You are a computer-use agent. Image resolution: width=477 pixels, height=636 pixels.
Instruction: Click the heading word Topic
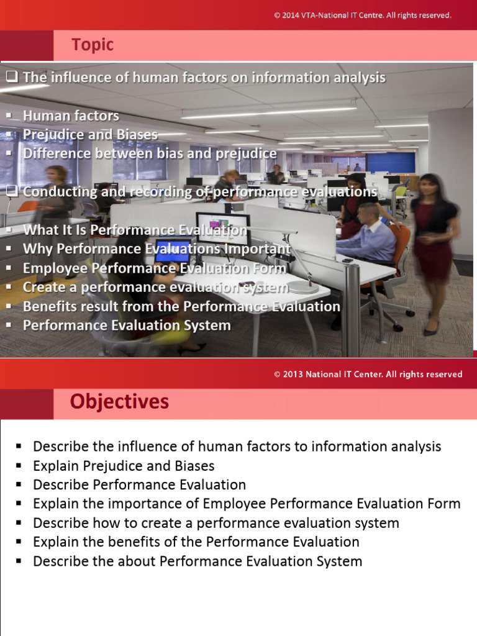tap(93, 45)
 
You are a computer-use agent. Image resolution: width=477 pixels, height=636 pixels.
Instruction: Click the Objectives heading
tap(119, 402)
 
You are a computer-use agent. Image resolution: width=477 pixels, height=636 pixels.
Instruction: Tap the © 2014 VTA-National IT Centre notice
tap(363, 15)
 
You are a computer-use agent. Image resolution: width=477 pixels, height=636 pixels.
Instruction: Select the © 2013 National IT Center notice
tap(368, 375)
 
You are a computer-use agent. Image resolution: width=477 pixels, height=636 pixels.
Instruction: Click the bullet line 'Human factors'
tap(71, 116)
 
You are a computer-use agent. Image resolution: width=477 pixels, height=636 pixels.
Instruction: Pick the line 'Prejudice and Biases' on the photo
tap(90, 134)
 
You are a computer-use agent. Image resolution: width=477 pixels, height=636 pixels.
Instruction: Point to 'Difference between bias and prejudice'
tap(150, 153)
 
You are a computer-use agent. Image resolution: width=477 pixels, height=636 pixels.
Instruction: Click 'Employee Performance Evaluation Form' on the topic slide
tap(155, 268)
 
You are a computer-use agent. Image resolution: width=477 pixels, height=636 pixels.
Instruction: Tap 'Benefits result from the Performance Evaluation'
tap(181, 306)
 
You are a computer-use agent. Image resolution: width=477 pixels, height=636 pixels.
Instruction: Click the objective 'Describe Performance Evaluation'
tap(139, 484)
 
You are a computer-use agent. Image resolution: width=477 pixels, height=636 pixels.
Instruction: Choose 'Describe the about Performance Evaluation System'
tap(198, 561)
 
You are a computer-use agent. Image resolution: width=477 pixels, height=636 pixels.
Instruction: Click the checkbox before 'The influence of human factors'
tap(12, 77)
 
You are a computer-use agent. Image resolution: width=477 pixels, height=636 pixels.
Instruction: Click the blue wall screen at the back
tap(390, 162)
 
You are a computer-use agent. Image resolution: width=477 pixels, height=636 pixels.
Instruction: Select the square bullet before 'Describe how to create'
tap(19, 523)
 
